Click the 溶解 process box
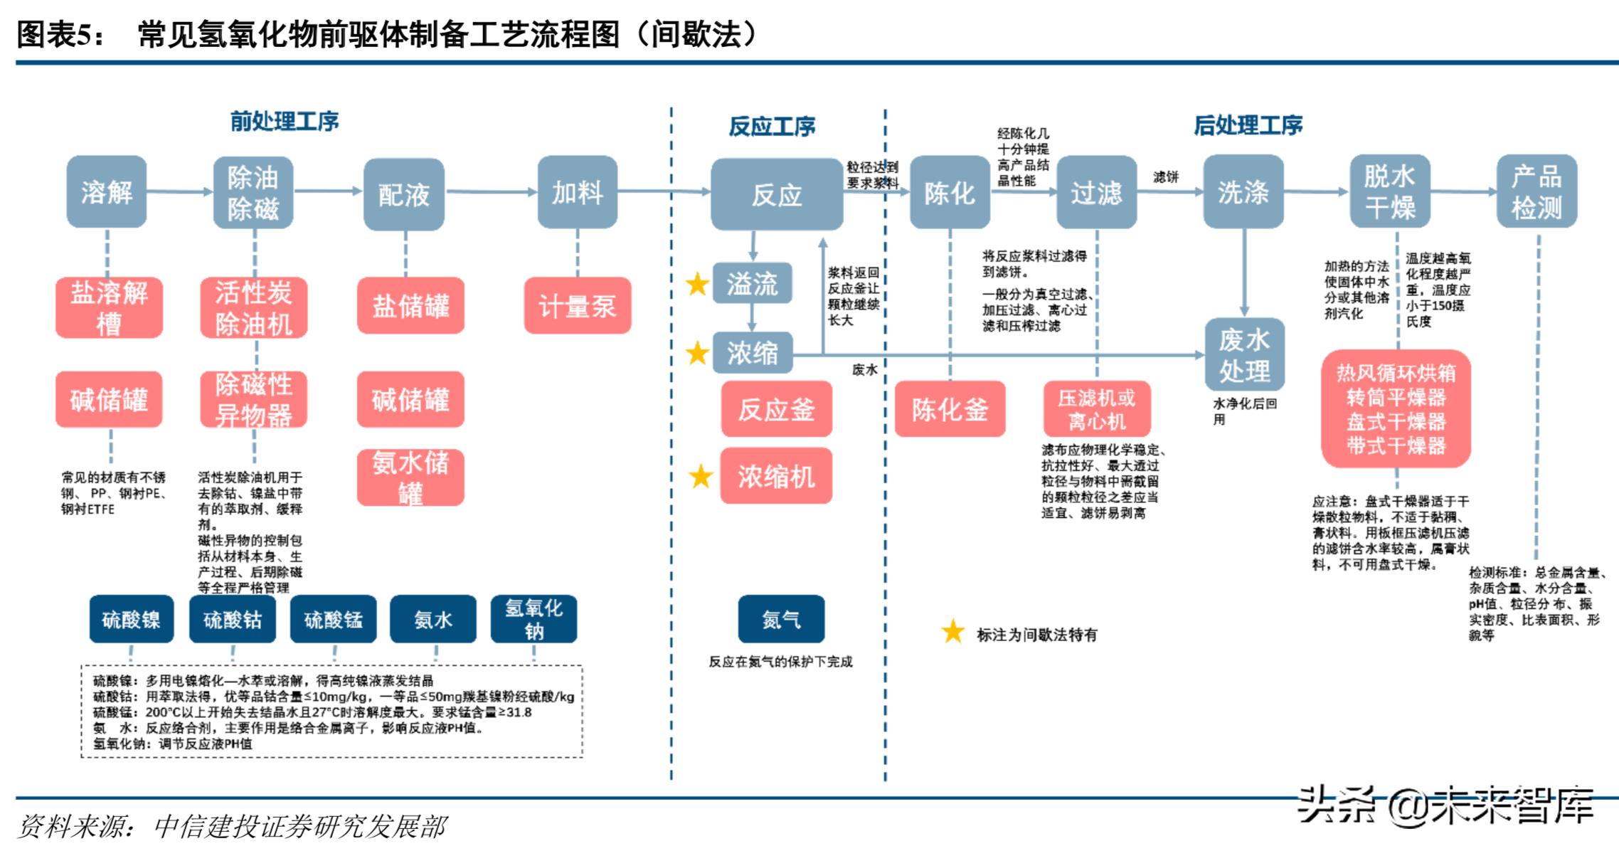click(x=107, y=192)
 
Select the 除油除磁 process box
click(x=253, y=193)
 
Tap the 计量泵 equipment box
click(x=578, y=306)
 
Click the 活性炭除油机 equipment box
click(x=253, y=307)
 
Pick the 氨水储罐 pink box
click(x=410, y=477)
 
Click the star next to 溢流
click(x=697, y=284)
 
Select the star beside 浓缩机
click(x=701, y=476)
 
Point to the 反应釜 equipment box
click(x=776, y=409)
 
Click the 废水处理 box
click(x=1243, y=354)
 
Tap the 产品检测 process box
click(x=1536, y=192)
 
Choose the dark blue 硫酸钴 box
click(x=233, y=619)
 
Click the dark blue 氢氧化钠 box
click(x=534, y=619)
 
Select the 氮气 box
click(x=781, y=619)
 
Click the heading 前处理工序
click(x=284, y=122)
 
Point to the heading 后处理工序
click(x=1248, y=125)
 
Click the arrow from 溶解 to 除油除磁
click(x=179, y=191)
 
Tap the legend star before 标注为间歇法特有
click(x=952, y=632)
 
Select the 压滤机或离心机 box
click(x=1096, y=409)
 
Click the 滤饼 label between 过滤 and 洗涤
click(x=1165, y=176)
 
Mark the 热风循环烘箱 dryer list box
click(x=1396, y=409)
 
